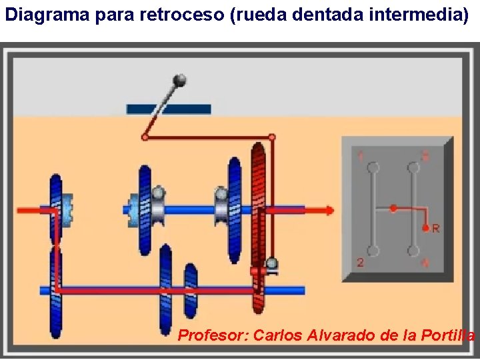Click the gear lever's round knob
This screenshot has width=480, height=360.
click(x=179, y=81)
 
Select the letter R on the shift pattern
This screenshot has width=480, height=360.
click(x=436, y=229)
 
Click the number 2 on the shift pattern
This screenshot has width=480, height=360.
click(x=360, y=262)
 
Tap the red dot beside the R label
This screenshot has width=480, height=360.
click(x=425, y=227)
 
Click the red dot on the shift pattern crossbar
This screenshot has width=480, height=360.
click(x=393, y=209)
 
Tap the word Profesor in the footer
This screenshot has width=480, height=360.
click(x=213, y=335)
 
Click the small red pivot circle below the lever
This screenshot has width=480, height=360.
click(x=145, y=137)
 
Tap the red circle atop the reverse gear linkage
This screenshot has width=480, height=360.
click(x=272, y=137)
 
